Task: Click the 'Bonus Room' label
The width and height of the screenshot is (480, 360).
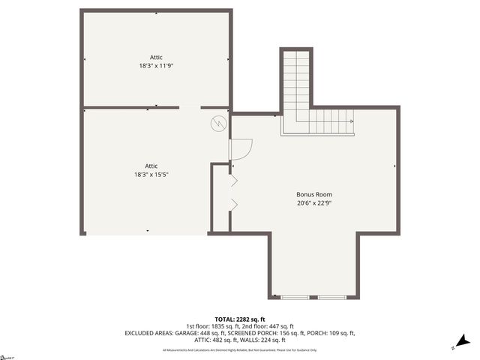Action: click(x=313, y=194)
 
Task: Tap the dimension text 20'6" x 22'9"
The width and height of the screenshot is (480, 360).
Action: click(x=313, y=202)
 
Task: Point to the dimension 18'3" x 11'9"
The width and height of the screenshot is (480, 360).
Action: click(x=156, y=65)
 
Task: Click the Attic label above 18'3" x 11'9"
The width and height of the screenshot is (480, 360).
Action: click(x=156, y=57)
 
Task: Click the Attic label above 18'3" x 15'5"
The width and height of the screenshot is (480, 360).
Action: click(x=151, y=166)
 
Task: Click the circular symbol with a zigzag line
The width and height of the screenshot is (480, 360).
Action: click(x=217, y=122)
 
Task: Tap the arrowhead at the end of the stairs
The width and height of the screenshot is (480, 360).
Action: click(x=352, y=120)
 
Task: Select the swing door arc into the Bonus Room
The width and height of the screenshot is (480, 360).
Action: click(x=241, y=150)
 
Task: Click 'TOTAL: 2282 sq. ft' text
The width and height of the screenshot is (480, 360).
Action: click(x=240, y=318)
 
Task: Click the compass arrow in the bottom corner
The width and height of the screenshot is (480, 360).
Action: click(x=462, y=341)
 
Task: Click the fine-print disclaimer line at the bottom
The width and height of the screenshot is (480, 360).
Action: click(x=240, y=349)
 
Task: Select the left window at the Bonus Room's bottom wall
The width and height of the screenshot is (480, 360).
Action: click(x=295, y=298)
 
